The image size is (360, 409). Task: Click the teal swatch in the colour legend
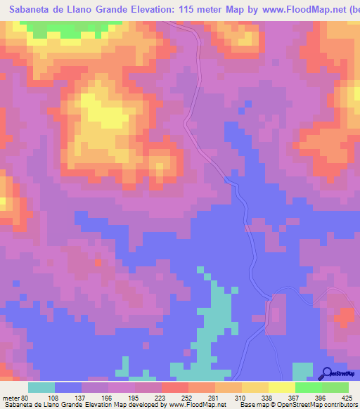click(41, 387)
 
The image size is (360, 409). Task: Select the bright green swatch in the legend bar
click(309, 387)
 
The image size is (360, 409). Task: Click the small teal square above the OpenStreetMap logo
click(302, 368)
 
